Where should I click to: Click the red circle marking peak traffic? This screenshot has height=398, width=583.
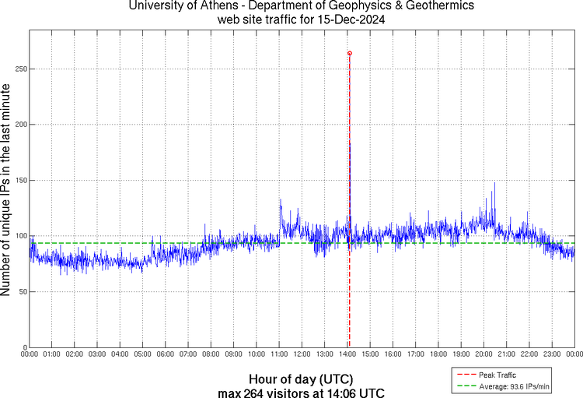tap(350, 53)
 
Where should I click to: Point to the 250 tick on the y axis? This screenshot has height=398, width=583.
tap(19, 69)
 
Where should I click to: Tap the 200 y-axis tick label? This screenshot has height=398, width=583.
tap(19, 125)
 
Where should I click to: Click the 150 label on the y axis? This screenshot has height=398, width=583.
tap(19, 180)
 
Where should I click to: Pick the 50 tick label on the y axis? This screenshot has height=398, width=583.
tap(21, 291)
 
